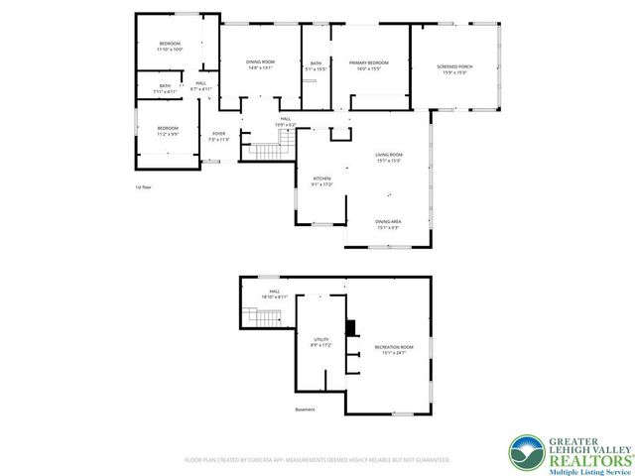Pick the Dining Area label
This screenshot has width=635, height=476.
(388, 224)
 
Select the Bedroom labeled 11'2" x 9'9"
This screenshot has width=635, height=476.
(167, 131)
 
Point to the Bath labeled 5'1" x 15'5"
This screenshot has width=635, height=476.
(316, 65)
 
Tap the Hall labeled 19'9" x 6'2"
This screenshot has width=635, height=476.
(285, 121)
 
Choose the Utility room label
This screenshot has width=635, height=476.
(320, 342)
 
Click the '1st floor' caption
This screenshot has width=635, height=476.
(144, 186)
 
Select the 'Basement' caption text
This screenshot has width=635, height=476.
(305, 410)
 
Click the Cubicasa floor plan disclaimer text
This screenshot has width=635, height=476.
(317, 460)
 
